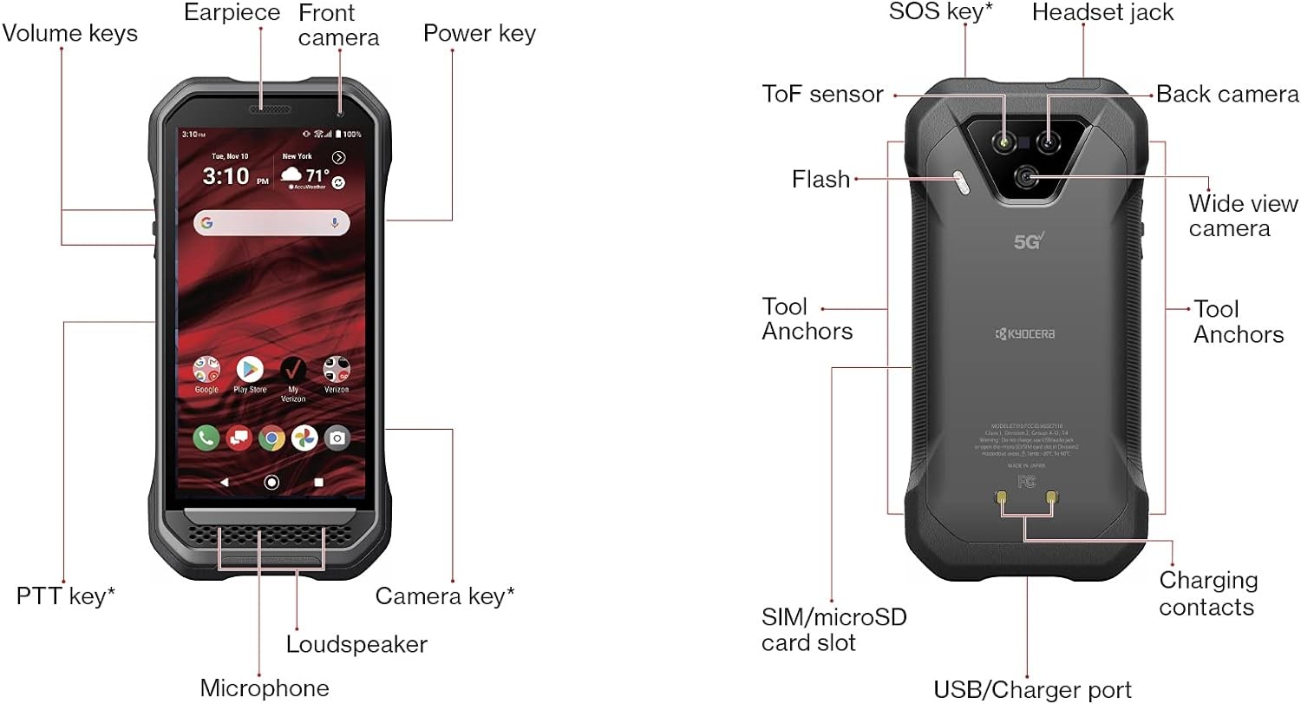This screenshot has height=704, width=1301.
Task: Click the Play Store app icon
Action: pos(250,370)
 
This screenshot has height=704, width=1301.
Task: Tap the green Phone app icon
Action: pos(206,438)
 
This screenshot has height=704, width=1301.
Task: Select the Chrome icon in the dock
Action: pos(271,438)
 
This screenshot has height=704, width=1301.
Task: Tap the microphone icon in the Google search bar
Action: pos(335,223)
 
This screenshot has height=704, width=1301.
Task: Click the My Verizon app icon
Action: pos(293,370)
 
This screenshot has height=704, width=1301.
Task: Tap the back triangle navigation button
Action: pos(224,482)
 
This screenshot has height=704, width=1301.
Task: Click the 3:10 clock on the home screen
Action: pos(226,177)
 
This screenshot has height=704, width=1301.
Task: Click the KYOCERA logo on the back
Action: pos(1025,334)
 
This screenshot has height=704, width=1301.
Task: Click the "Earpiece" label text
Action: pos(232,13)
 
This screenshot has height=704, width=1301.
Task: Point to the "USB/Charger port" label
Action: pos(1032,690)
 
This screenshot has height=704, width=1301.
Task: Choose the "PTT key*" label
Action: pos(66,596)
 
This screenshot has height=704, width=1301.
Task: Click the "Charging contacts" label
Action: pos(1207,593)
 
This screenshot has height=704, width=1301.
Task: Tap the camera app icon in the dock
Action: pos(337,438)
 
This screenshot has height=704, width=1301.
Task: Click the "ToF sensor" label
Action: pos(822,94)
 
